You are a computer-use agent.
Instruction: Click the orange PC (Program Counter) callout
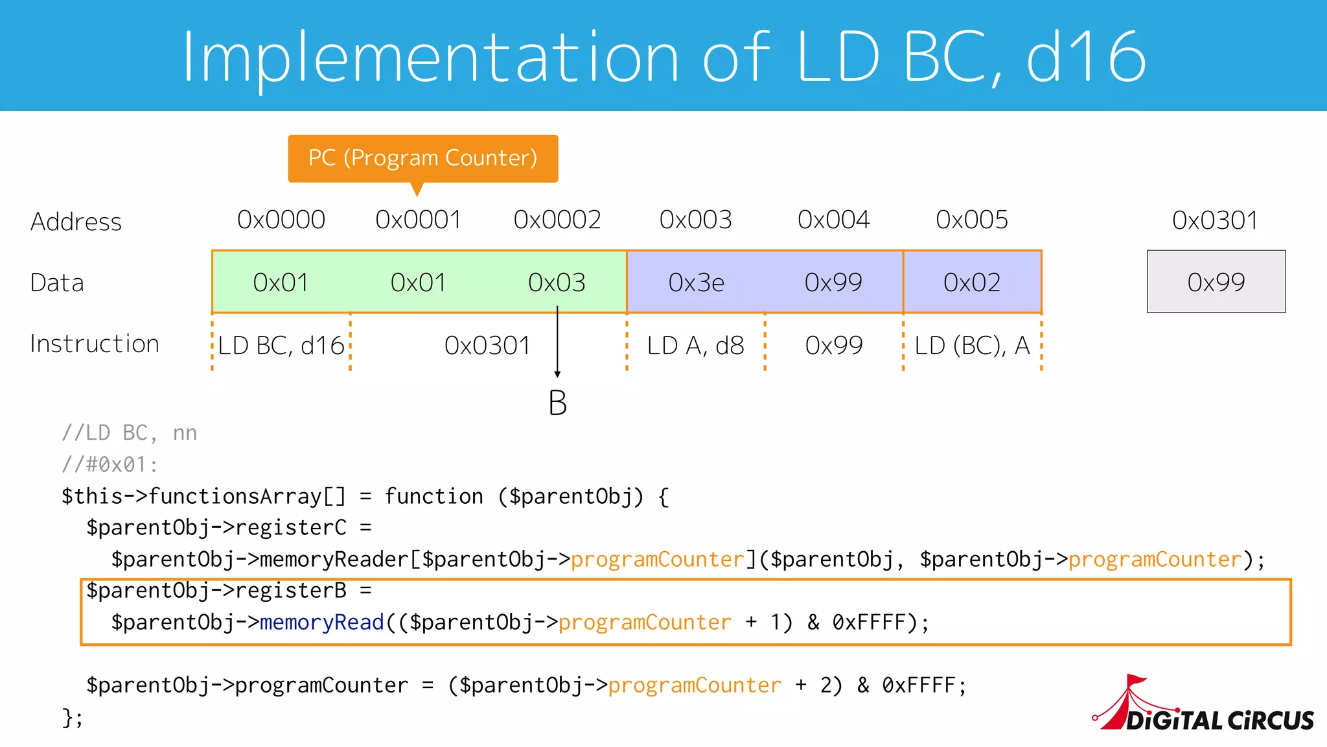pyautogui.click(x=422, y=158)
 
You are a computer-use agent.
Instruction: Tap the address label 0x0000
pyautogui.click(x=281, y=220)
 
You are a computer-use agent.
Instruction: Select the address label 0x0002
pyautogui.click(x=557, y=220)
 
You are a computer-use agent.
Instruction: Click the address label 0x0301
pyautogui.click(x=1215, y=220)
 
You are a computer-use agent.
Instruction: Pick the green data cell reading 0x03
pyautogui.click(x=557, y=282)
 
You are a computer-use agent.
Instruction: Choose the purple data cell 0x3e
pyautogui.click(x=696, y=282)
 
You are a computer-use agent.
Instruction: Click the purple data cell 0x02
pyautogui.click(x=972, y=282)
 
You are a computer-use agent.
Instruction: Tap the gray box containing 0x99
pyautogui.click(x=1216, y=282)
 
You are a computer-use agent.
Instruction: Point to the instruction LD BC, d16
pyautogui.click(x=281, y=346)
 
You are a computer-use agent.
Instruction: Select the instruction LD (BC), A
pyautogui.click(x=972, y=346)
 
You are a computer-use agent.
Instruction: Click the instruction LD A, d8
pyautogui.click(x=695, y=346)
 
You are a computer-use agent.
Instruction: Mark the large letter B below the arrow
pyautogui.click(x=557, y=403)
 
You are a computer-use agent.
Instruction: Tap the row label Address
pyautogui.click(x=76, y=222)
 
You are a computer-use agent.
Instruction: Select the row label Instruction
pyautogui.click(x=95, y=344)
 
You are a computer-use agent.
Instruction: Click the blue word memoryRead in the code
pyautogui.click(x=322, y=622)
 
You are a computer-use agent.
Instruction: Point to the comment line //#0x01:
pyautogui.click(x=110, y=464)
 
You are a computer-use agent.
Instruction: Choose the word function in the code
pyautogui.click(x=433, y=497)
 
